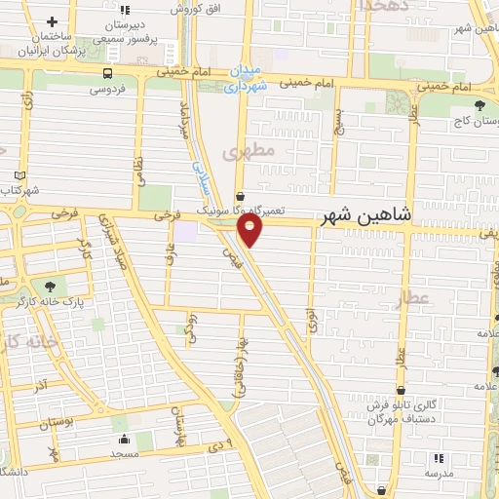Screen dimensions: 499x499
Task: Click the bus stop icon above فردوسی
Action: tap(106, 71)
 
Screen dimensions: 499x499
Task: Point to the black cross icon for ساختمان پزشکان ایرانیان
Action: tap(51, 21)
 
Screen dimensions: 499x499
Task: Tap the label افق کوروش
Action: tap(193, 8)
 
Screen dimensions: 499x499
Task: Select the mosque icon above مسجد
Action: tap(120, 439)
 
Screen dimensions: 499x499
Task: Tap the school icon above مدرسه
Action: tap(438, 457)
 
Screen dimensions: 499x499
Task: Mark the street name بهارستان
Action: tap(179, 424)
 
